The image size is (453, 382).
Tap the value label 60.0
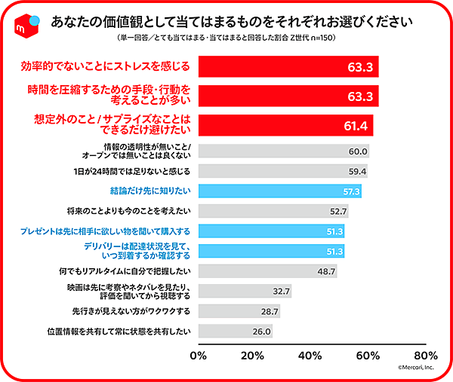(x=357, y=151)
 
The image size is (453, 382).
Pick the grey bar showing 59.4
(x=283, y=171)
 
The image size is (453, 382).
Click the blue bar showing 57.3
(x=280, y=191)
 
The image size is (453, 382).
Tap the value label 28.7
(x=269, y=310)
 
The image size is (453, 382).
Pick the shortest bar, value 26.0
(x=235, y=331)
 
